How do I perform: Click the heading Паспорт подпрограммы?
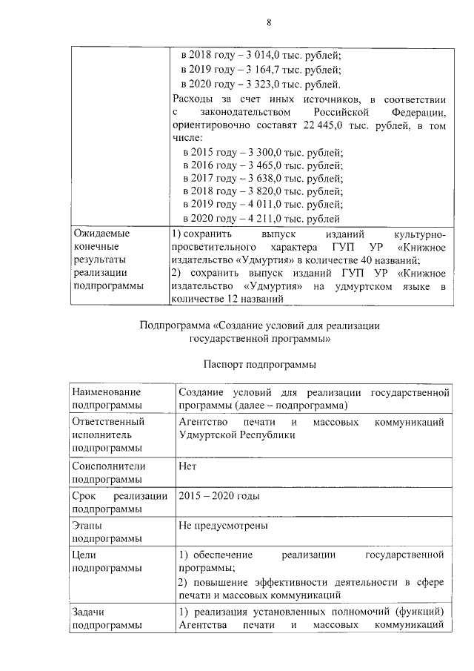click(x=258, y=364)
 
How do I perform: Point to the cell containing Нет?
click(x=187, y=466)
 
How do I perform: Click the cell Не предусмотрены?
click(x=223, y=526)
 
